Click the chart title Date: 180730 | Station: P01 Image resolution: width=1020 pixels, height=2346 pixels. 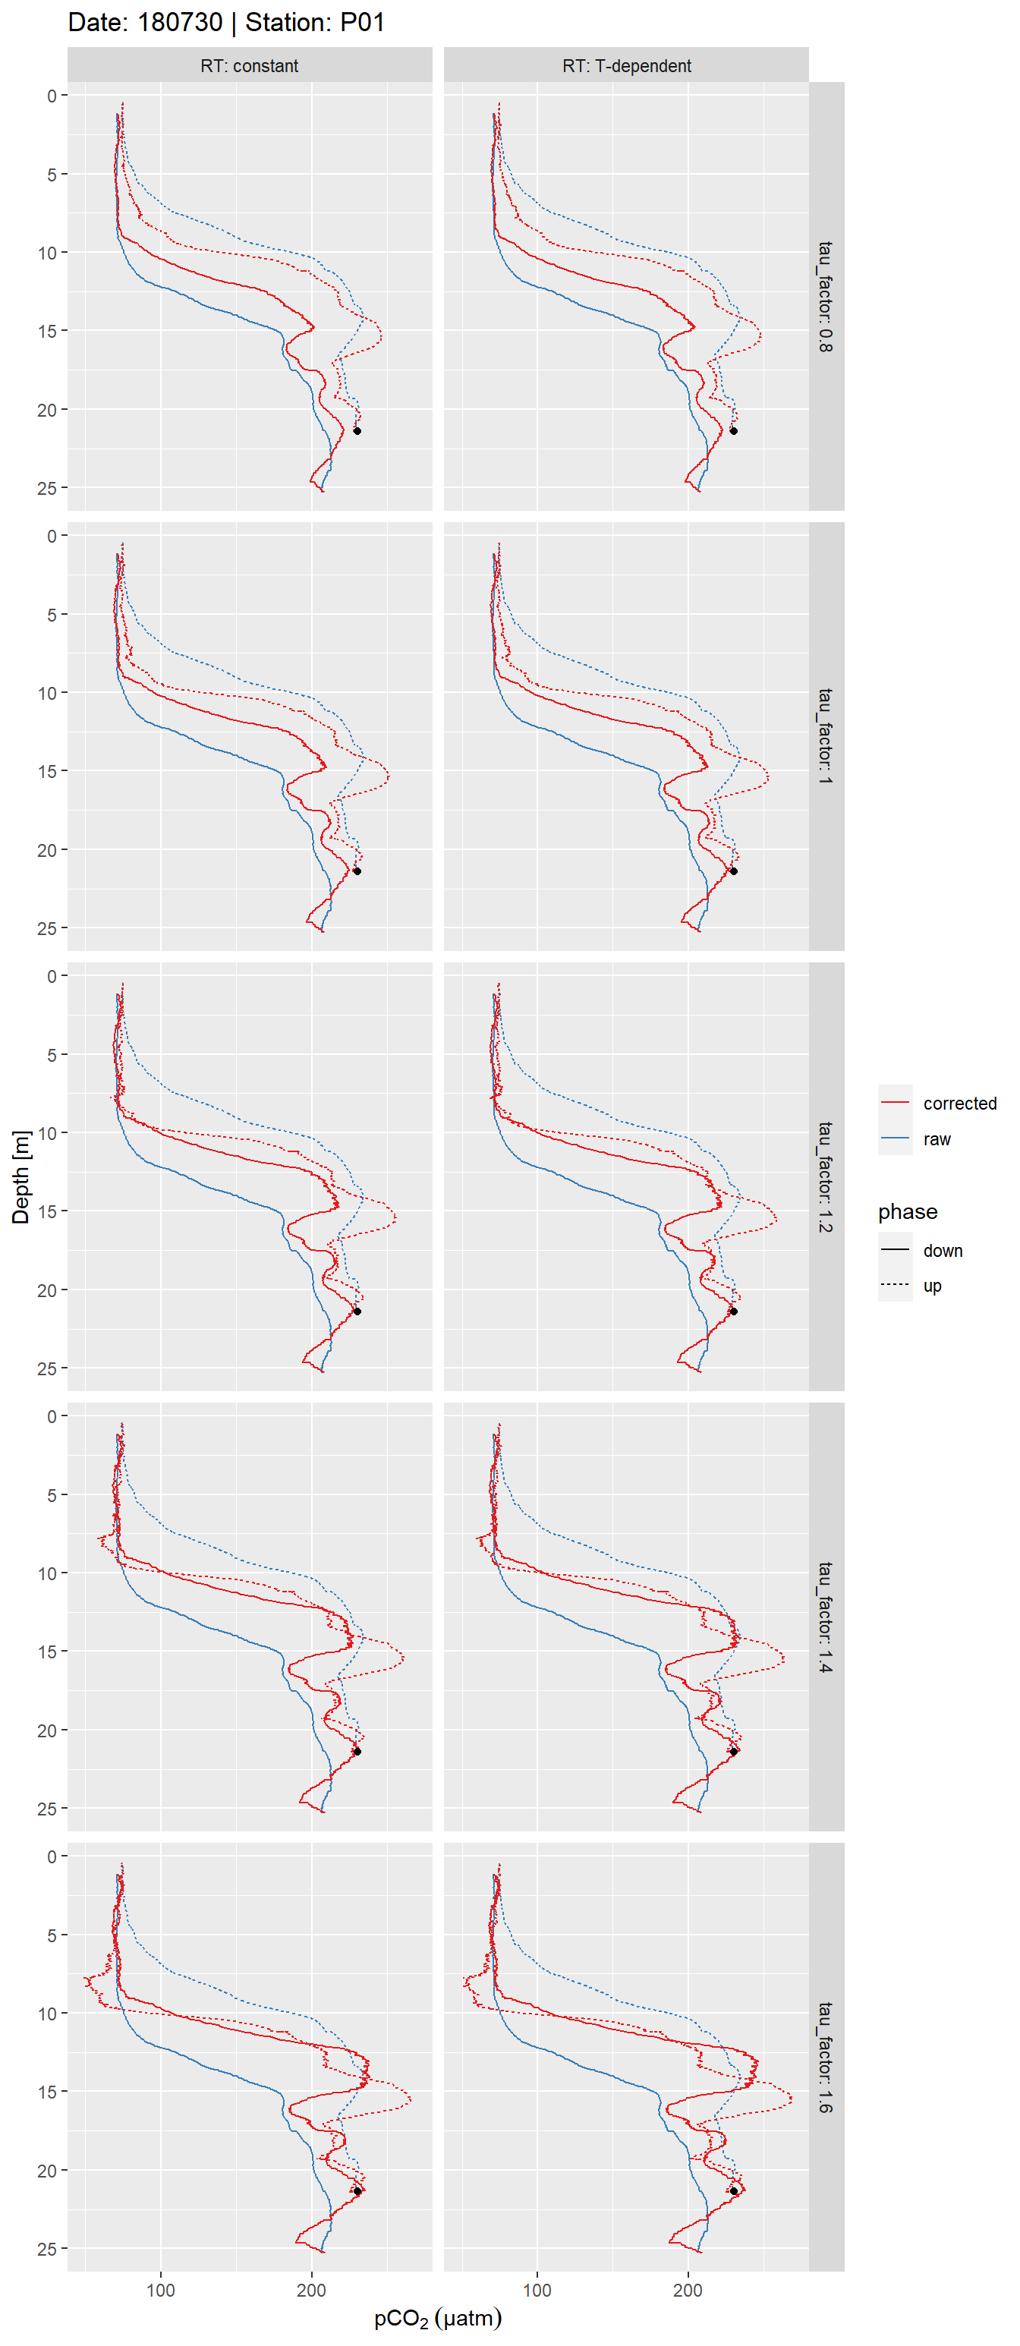(226, 22)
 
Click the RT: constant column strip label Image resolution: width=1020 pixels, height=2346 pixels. (249, 65)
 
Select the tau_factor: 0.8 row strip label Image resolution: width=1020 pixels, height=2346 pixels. (825, 297)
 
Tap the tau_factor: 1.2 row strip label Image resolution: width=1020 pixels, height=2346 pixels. (825, 1176)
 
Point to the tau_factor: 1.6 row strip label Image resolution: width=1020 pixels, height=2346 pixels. (825, 2058)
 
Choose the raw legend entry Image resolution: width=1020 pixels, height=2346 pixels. (937, 1139)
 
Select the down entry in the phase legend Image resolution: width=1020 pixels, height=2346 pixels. (942, 1250)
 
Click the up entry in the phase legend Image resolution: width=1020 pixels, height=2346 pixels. (932, 1286)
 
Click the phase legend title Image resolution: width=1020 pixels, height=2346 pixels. (907, 1211)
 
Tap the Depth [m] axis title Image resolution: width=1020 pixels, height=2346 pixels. (20, 1176)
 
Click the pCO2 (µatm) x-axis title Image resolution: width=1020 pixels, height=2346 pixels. (437, 2318)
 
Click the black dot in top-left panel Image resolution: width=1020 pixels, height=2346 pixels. (357, 431)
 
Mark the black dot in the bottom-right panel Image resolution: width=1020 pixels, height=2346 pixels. (733, 2191)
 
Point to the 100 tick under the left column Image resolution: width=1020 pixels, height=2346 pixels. (160, 2290)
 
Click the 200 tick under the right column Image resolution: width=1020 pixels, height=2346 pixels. (688, 2290)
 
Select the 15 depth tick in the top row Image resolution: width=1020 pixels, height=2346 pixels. (46, 332)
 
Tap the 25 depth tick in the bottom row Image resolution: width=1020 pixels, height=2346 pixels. (46, 2250)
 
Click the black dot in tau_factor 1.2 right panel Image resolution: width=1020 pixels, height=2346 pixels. (733, 1312)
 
